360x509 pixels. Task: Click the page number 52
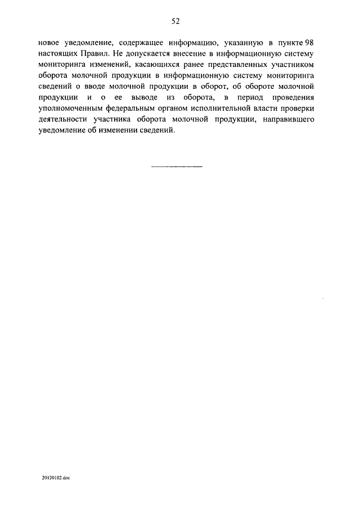point(175,21)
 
